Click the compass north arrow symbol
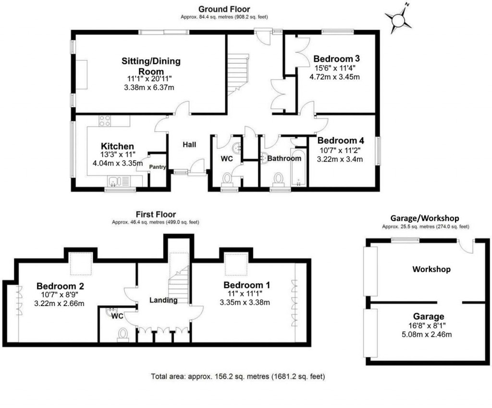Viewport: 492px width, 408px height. pyautogui.click(x=398, y=20)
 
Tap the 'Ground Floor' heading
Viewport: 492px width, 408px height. pyautogui.click(x=224, y=9)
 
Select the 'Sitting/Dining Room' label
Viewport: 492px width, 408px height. pyautogui.click(x=150, y=66)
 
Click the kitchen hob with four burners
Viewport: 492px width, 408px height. pyautogui.click(x=105, y=121)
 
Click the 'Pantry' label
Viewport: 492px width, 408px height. pyautogui.click(x=158, y=167)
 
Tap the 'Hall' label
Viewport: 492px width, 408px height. pyautogui.click(x=189, y=144)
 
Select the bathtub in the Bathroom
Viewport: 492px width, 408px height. pyautogui.click(x=297, y=168)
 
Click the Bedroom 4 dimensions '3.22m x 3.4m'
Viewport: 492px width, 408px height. pyautogui.click(x=340, y=159)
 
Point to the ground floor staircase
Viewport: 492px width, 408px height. pyautogui.click(x=238, y=74)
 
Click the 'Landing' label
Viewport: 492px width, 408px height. pyautogui.click(x=163, y=300)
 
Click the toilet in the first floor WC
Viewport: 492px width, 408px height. pyautogui.click(x=123, y=334)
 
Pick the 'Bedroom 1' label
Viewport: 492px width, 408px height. pyautogui.click(x=246, y=285)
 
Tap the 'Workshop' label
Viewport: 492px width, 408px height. pyautogui.click(x=431, y=269)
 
